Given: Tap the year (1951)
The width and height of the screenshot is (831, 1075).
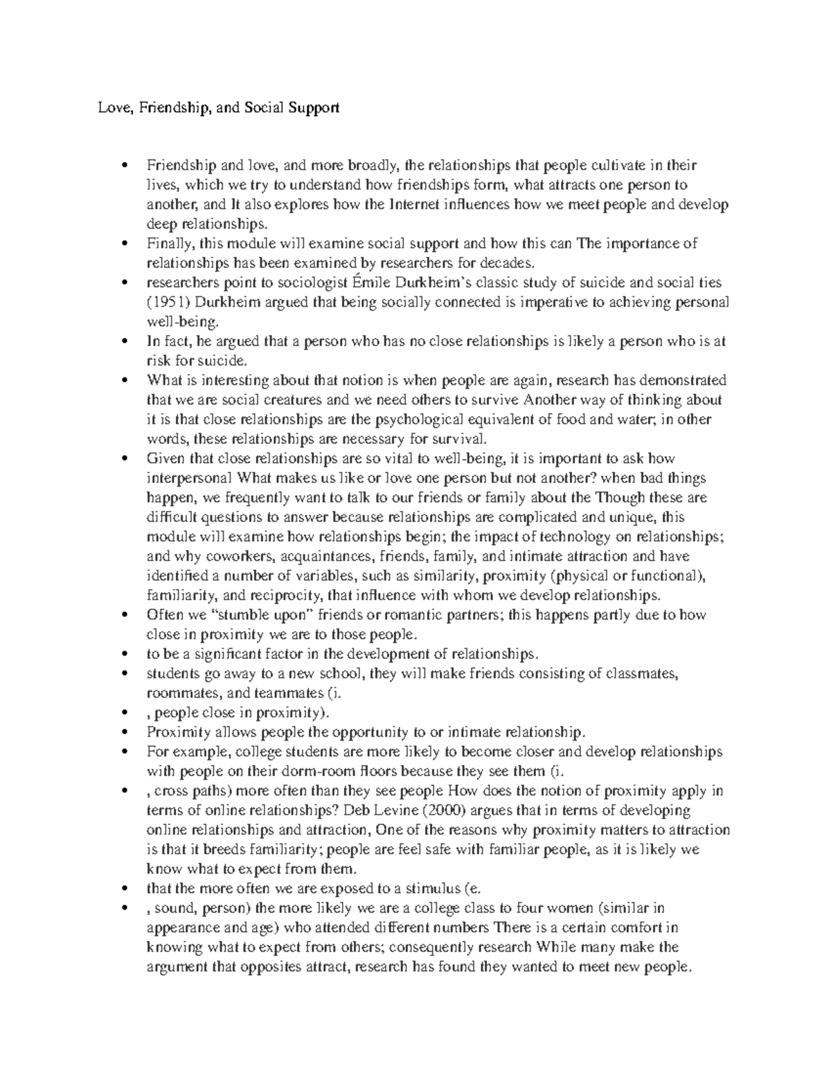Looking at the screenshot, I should click(169, 302).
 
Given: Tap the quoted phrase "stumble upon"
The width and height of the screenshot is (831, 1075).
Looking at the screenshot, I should click(236, 615).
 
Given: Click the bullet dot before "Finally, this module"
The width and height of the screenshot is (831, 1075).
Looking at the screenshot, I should click(125, 244).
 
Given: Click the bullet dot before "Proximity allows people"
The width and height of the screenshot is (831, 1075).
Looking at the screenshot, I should click(125, 732).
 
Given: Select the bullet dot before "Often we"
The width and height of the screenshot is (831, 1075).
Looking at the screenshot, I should click(125, 615).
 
